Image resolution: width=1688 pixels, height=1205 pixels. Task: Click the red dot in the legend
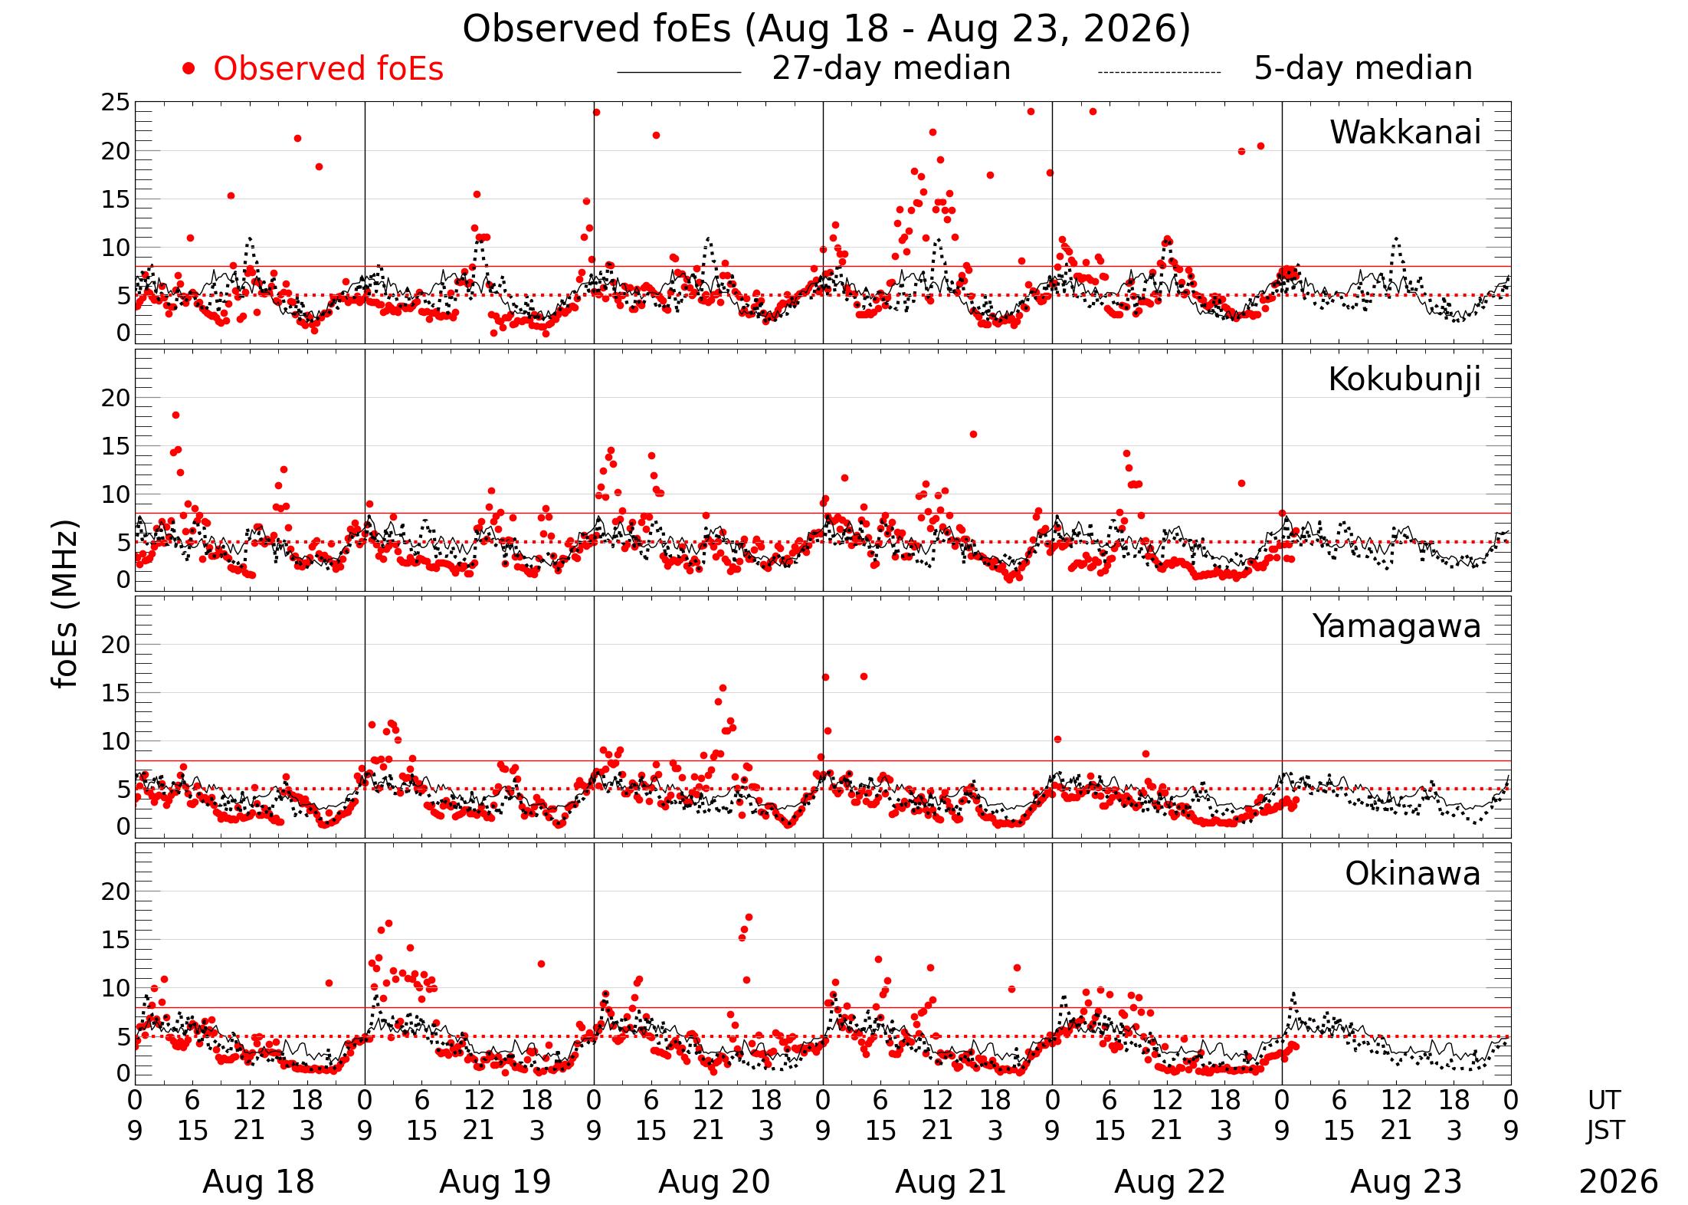tap(188, 69)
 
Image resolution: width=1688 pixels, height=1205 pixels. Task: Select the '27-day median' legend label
tap(891, 68)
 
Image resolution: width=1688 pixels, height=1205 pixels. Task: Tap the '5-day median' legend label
tap(1363, 68)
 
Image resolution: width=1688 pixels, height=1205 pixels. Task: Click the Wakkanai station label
tap(1405, 133)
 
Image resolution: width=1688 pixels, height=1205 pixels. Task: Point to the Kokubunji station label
tap(1404, 380)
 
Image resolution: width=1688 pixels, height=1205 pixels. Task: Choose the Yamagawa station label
tap(1397, 627)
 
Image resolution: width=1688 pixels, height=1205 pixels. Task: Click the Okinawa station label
tap(1413, 874)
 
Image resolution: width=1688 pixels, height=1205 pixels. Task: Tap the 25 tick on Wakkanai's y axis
tap(116, 102)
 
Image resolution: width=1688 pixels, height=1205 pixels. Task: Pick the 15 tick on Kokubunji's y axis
tap(116, 446)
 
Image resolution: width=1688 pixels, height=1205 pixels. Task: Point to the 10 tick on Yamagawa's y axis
tap(116, 741)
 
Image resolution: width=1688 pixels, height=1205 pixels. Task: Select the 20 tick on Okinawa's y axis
tap(116, 891)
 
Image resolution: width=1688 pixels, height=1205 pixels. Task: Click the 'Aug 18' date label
tap(258, 1182)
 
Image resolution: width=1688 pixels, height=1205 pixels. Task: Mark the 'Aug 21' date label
tap(950, 1182)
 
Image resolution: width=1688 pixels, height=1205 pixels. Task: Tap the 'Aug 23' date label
tap(1406, 1182)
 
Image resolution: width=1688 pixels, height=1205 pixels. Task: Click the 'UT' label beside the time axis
tap(1604, 1101)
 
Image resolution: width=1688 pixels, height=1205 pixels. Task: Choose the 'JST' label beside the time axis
tap(1605, 1131)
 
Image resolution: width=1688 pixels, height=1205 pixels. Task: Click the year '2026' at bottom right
tap(1618, 1182)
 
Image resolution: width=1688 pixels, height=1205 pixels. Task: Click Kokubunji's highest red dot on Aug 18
tap(175, 415)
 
